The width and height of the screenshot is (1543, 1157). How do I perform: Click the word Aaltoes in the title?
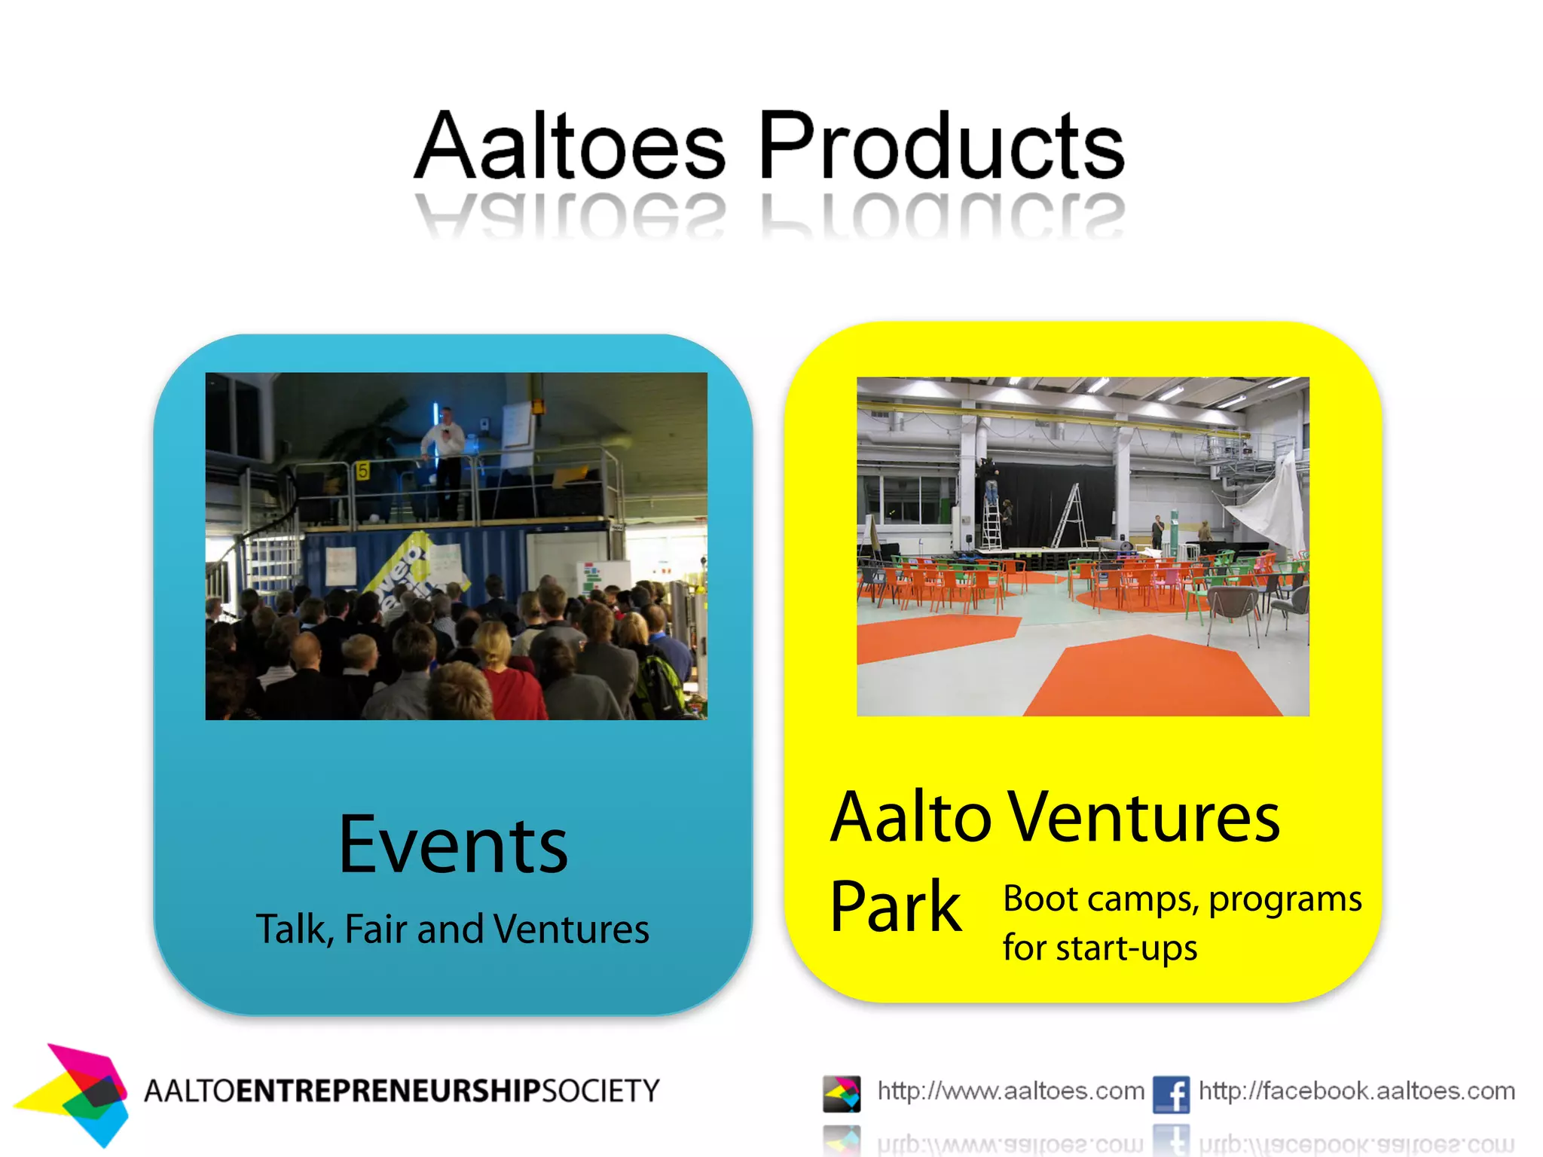click(x=570, y=145)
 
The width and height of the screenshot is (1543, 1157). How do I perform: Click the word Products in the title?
click(x=941, y=145)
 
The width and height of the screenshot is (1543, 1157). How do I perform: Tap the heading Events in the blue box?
click(x=453, y=845)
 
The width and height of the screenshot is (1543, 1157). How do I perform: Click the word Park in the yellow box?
click(x=895, y=907)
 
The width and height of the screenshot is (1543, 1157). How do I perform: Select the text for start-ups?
click(x=1100, y=948)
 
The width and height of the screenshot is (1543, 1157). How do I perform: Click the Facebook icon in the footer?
click(x=1171, y=1094)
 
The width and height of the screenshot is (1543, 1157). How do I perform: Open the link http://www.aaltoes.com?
click(x=1010, y=1091)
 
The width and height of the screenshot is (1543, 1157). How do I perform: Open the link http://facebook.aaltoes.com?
click(x=1356, y=1091)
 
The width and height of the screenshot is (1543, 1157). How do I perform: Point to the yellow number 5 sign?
click(x=362, y=471)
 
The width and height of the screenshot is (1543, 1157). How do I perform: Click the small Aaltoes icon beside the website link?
click(x=842, y=1094)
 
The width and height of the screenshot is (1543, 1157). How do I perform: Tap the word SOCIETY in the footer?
click(x=601, y=1091)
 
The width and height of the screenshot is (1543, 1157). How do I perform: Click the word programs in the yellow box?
click(x=1285, y=899)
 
